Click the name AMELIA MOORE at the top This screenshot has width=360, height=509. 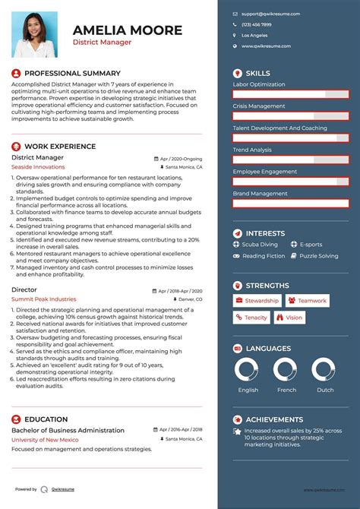pyautogui.click(x=128, y=30)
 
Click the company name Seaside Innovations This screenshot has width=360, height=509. pyautogui.click(x=39, y=166)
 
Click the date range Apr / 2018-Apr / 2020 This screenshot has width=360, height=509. pyautogui.click(x=180, y=291)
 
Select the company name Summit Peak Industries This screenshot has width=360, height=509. pyautogui.click(x=44, y=299)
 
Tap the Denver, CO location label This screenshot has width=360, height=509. pyautogui.click(x=188, y=300)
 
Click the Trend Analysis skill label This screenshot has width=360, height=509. pyautogui.click(x=252, y=150)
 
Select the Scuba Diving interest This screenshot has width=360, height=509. pyautogui.click(x=260, y=245)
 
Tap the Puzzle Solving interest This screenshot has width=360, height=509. pyautogui.click(x=319, y=256)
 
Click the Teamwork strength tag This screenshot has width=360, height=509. pyautogui.click(x=308, y=301)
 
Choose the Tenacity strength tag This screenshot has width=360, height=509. pyautogui.click(x=251, y=318)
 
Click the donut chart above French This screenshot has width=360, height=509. pyautogui.click(x=287, y=370)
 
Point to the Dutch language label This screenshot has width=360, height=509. pyautogui.click(x=325, y=390)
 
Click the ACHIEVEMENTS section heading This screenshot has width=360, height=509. pyautogui.click(x=274, y=419)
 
